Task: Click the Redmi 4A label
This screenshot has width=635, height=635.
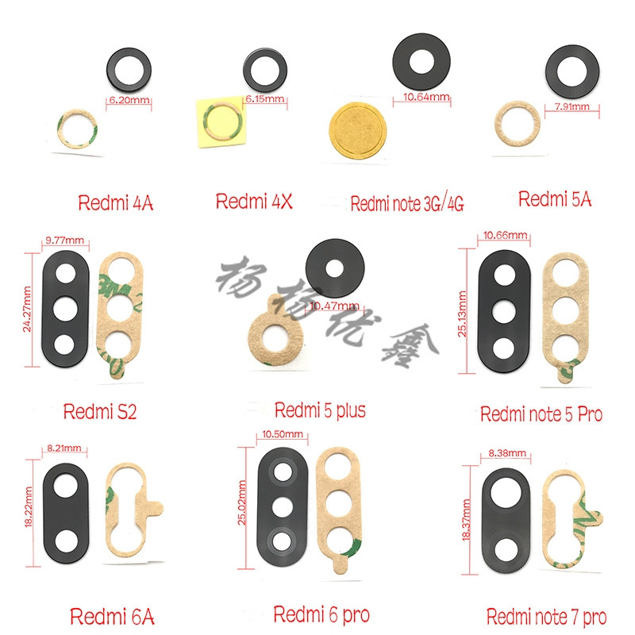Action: coord(116,202)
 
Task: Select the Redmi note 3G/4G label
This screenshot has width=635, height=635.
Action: coord(407,205)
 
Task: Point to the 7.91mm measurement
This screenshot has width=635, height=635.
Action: coord(571,106)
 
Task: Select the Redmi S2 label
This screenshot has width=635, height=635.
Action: coord(99,412)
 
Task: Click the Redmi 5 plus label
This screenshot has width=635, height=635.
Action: coord(320,410)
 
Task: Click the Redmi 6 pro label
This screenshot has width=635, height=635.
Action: coord(321,614)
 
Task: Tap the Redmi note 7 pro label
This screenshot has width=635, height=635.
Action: coord(546,617)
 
